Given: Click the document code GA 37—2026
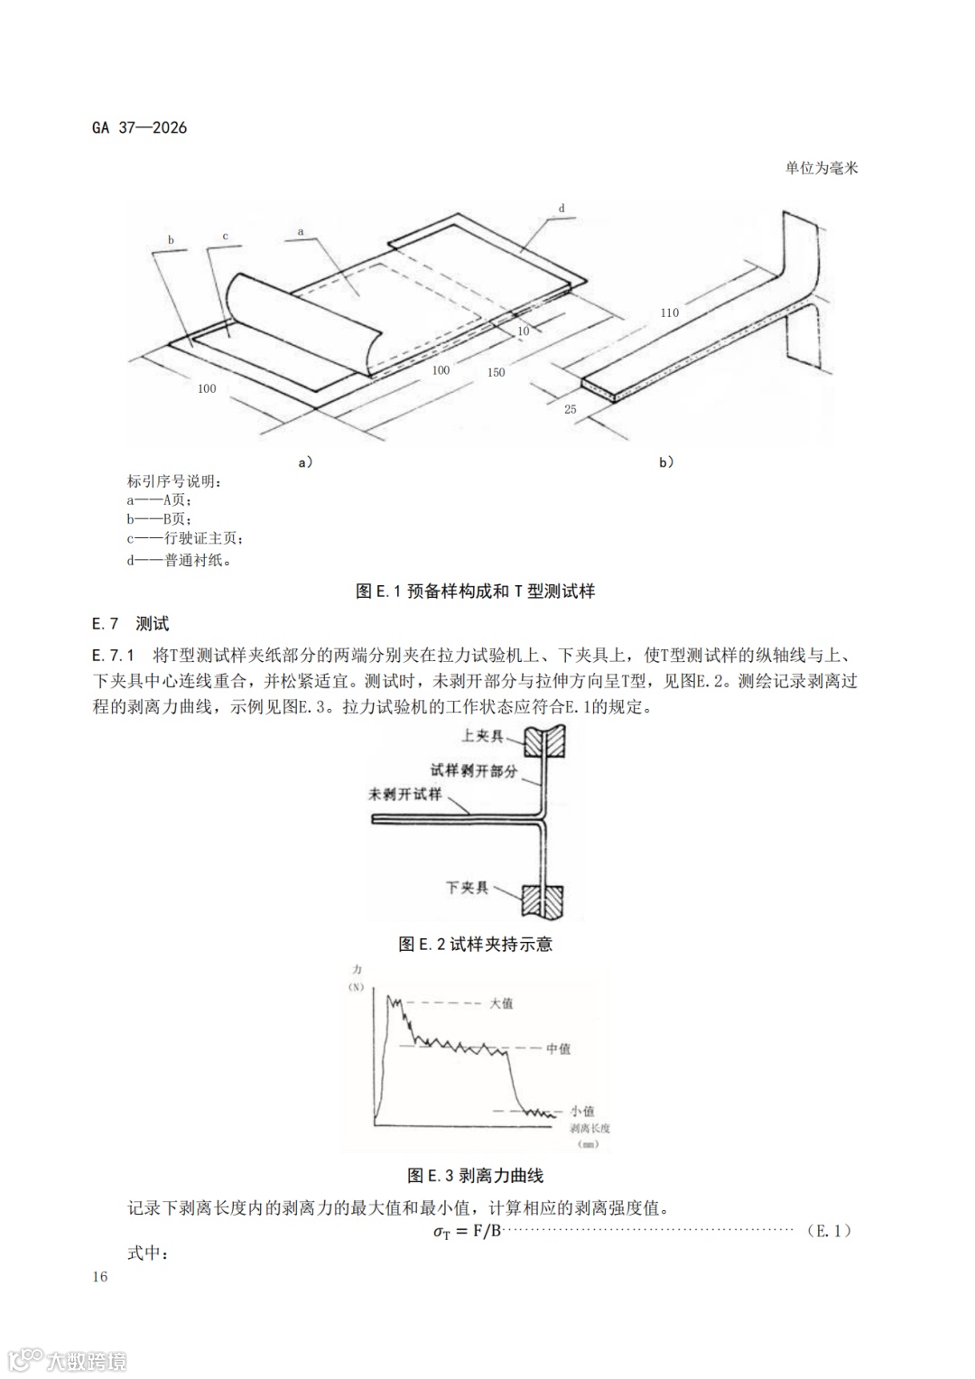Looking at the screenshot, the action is click(x=140, y=127).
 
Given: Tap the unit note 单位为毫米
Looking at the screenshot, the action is click(x=822, y=168).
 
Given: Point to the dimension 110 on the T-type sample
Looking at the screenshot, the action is click(x=669, y=312).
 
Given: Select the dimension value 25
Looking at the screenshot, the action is click(x=571, y=409).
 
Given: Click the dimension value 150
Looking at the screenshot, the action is click(x=496, y=372).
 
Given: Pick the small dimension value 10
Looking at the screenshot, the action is click(x=524, y=331).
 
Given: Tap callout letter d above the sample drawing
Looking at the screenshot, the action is click(x=562, y=209).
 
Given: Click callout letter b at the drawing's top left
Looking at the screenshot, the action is click(x=171, y=240).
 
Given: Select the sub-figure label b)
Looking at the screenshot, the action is click(x=666, y=462).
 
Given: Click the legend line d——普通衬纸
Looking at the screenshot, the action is click(x=179, y=560).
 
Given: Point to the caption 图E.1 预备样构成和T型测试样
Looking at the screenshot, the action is click(x=475, y=592).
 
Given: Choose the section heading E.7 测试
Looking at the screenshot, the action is click(x=130, y=624).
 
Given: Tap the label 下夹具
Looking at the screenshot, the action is click(x=467, y=888).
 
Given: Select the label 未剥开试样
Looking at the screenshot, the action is click(x=405, y=795).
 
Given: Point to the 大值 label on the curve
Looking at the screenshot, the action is click(x=501, y=1003).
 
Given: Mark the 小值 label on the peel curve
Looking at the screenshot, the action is click(x=582, y=1111).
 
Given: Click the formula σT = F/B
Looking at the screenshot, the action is click(x=467, y=1232).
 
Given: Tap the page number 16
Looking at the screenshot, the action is click(x=100, y=1276).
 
